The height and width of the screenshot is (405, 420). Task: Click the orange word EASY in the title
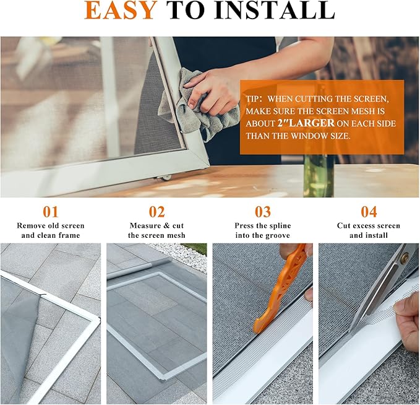121,11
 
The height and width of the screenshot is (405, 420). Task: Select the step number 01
50,212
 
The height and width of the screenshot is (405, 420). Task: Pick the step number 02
156,212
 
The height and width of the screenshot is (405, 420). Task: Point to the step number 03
262,212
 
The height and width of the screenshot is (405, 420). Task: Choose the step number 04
369,212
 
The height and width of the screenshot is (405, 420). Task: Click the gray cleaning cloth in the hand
198,111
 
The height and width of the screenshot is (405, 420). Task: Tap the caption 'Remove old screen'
50,226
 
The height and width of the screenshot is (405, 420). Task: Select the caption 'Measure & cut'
156,226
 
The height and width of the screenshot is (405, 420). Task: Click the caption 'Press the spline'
262,226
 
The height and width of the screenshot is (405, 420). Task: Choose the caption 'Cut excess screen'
369,226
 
